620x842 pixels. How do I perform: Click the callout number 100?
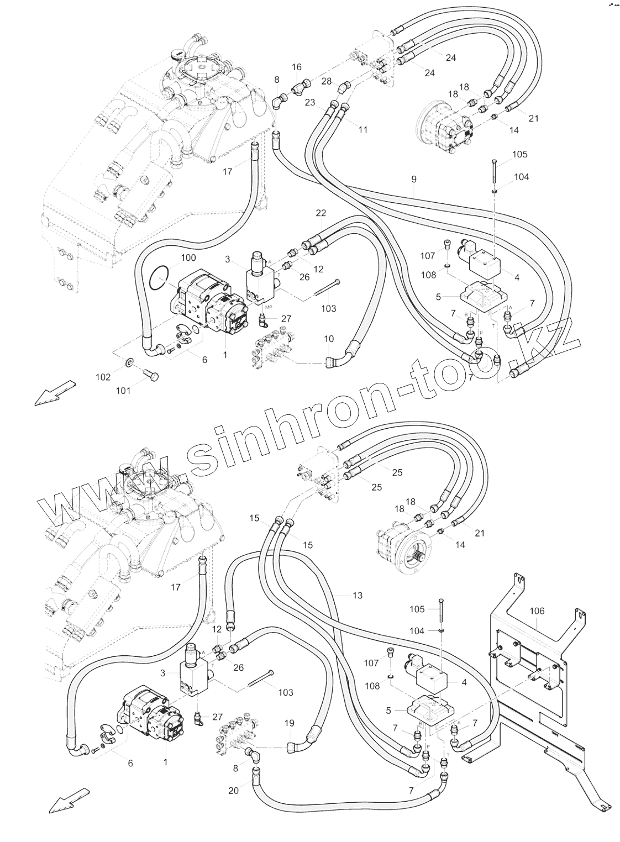click(x=188, y=258)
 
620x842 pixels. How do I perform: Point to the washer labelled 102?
click(x=128, y=363)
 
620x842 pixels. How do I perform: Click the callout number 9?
click(x=414, y=179)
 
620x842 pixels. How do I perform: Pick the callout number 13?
click(x=358, y=595)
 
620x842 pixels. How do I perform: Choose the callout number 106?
click(x=537, y=611)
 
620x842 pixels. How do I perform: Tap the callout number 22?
click(x=321, y=213)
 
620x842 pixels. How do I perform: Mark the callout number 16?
click(x=297, y=67)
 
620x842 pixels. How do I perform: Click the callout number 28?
click(x=327, y=82)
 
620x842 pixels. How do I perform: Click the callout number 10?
click(x=329, y=338)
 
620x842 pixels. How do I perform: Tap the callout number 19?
click(x=290, y=723)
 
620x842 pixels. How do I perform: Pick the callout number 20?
click(x=233, y=791)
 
